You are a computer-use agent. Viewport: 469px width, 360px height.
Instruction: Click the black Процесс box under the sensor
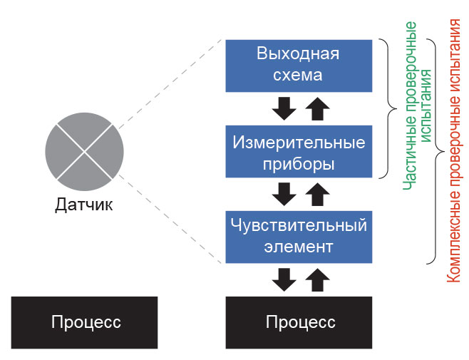pyautogui.click(x=85, y=322)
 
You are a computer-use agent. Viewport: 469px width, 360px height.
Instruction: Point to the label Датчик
pyautogui.click(x=84, y=206)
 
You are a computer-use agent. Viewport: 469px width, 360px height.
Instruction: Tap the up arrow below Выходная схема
pyautogui.click(x=316, y=109)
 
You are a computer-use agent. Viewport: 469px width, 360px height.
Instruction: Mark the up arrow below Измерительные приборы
pyautogui.click(x=316, y=194)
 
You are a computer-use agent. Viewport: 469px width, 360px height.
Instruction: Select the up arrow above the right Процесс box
pyautogui.click(x=316, y=279)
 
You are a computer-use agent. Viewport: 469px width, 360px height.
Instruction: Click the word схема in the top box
pyautogui.click(x=299, y=75)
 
